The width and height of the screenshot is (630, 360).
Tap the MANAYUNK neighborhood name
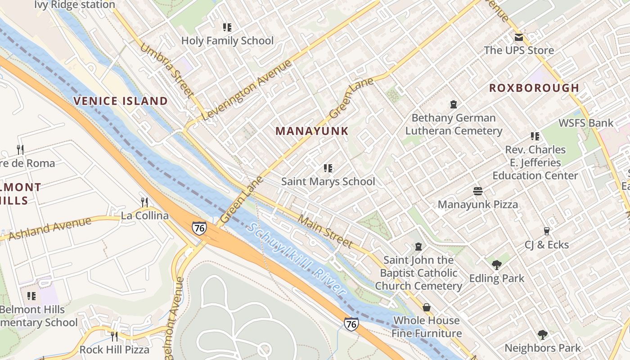[312, 131]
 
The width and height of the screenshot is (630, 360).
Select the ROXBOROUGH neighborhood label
[534, 88]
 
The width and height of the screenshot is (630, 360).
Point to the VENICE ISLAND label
[121, 101]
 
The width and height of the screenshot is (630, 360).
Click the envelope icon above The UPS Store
[519, 37]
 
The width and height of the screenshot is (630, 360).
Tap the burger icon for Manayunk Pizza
[478, 191]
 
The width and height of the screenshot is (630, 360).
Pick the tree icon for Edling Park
[496, 265]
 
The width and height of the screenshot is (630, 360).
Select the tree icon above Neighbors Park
[543, 334]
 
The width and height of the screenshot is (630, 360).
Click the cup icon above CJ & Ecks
[547, 231]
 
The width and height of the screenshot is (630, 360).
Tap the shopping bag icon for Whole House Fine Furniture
[426, 307]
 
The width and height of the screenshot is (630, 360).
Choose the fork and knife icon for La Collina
[144, 202]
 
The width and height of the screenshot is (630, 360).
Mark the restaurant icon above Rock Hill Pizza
[114, 336]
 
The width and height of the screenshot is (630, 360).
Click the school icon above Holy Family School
[227, 27]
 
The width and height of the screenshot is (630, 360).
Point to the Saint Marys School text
[328, 181]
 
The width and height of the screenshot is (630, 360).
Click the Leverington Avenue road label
[247, 90]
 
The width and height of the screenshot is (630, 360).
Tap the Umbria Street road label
[167, 70]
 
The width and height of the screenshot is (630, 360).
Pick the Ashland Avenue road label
[50, 228]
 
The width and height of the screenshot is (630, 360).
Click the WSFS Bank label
[585, 123]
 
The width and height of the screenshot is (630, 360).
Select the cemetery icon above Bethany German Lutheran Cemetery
[454, 104]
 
